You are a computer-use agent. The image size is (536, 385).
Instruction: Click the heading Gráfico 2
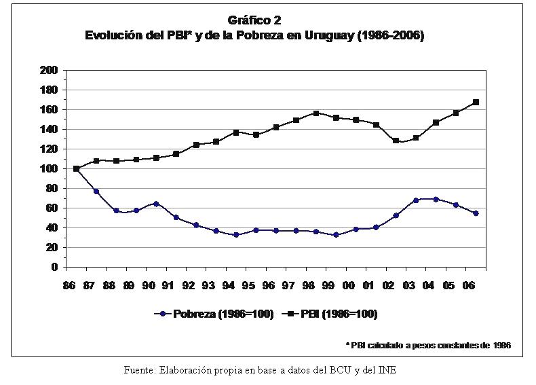point(254,21)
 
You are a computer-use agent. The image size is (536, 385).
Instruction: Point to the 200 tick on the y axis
point(49,70)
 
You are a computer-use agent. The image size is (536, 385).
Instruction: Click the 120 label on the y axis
point(49,149)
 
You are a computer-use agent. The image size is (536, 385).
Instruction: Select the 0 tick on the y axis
point(54,267)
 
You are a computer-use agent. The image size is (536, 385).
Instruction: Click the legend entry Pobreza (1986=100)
point(214,314)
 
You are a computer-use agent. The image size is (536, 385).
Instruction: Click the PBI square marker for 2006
point(476,102)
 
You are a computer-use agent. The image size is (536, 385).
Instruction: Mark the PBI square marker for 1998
point(316,113)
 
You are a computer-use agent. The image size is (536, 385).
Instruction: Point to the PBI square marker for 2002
point(396,141)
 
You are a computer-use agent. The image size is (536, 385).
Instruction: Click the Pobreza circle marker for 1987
point(96,191)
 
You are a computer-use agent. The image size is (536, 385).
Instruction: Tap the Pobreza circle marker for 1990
point(156,204)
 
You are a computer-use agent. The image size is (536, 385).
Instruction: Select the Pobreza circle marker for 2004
point(436,199)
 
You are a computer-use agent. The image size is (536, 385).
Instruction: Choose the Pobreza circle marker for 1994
point(236,235)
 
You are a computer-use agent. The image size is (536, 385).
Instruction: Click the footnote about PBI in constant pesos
point(428,346)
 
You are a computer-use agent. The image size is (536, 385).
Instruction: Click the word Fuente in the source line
point(140,370)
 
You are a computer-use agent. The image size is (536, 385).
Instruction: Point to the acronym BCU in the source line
point(353,370)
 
